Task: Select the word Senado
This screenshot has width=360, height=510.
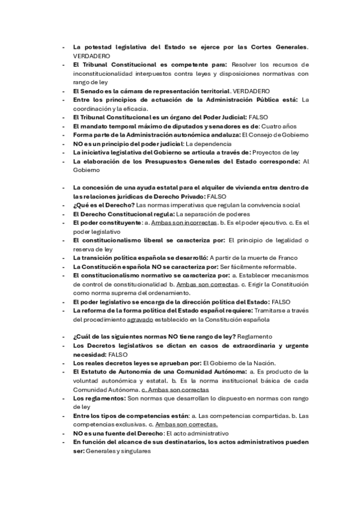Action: [x=90, y=90]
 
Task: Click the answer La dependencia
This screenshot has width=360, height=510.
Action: [x=208, y=144]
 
